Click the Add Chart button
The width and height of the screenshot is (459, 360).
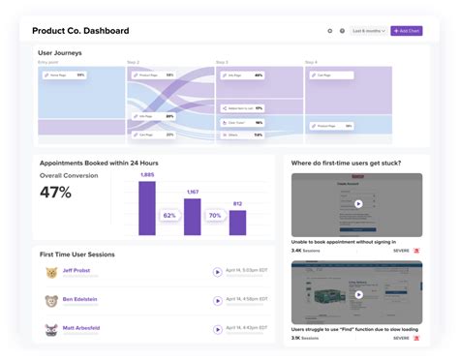pos(407,31)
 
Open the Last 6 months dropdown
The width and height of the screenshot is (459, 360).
pos(369,31)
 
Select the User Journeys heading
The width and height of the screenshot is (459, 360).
pos(60,52)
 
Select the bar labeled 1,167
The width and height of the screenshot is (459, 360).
pos(193,219)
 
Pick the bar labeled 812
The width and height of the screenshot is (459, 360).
pos(237,224)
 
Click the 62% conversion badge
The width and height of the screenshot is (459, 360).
pos(169,216)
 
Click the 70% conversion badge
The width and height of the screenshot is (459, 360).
pos(215,216)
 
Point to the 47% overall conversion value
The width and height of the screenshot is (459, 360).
pos(55,193)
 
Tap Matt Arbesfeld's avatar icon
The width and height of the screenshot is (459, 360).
pos(49,330)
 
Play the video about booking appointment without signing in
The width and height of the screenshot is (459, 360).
pos(357,204)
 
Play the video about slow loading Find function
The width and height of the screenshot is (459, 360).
pos(357,291)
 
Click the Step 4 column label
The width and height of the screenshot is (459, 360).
pos(310,62)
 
